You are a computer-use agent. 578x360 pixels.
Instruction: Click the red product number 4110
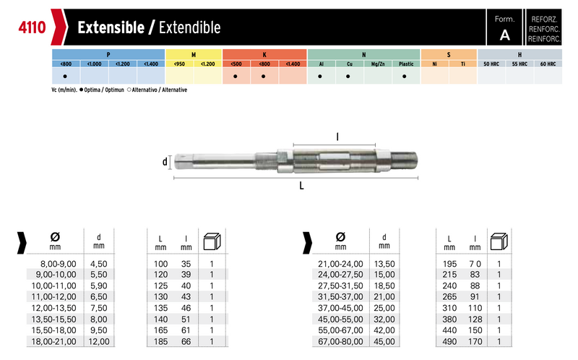coord(32,27)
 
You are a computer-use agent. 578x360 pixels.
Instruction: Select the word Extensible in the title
coord(111,27)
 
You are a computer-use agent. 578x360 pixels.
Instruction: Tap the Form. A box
coord(504,27)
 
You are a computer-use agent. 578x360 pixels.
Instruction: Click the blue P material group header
coord(108,55)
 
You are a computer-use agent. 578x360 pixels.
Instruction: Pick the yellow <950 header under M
coord(179,64)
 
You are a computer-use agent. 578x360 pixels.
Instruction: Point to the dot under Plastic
coord(405,77)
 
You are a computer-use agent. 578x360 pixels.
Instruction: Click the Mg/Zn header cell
coord(378,64)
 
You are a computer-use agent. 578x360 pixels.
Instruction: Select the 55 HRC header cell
coord(519,64)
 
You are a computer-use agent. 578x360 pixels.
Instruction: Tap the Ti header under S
coord(463,64)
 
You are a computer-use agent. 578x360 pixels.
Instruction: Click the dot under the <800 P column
coord(65,77)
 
